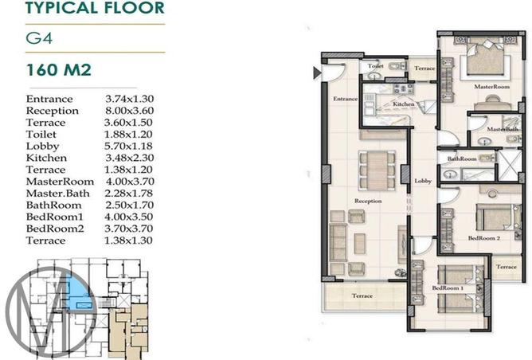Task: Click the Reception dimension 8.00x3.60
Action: coord(129,111)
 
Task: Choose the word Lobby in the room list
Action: coord(42,146)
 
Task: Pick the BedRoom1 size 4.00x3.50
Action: coord(129,217)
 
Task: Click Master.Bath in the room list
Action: coord(57,193)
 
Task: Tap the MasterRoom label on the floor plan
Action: coord(491,85)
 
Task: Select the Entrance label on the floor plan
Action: coord(345,98)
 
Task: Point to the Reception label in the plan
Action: coord(369,202)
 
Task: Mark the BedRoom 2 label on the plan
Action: coord(483,237)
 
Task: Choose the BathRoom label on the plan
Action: coord(461,158)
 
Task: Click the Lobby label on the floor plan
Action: coord(422,182)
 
